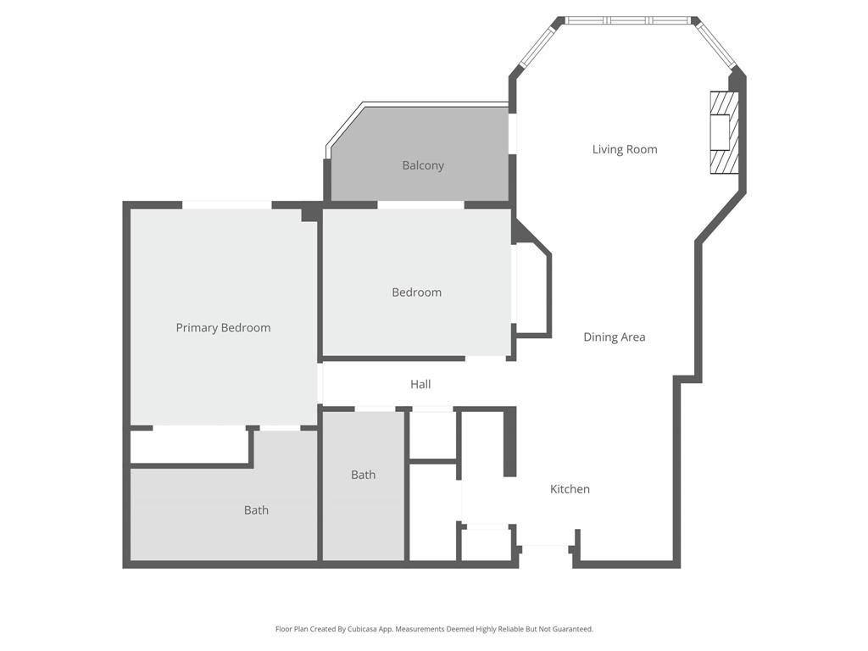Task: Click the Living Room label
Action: [x=625, y=150]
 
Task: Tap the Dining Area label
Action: [x=614, y=337]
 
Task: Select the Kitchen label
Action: [x=570, y=489]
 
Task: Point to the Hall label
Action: [x=420, y=385]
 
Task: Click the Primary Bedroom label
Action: [x=223, y=328]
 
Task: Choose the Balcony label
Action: [x=422, y=166]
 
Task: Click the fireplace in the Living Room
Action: [x=724, y=132]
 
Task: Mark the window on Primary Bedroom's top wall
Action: [x=227, y=204]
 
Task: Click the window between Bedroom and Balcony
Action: [x=420, y=204]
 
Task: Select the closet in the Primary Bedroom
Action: [x=189, y=446]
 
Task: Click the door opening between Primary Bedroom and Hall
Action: [x=320, y=384]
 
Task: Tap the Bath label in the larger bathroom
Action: [x=256, y=510]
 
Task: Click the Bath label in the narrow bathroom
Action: [x=363, y=475]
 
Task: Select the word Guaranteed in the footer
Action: [x=572, y=629]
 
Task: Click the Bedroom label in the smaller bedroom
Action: [x=416, y=292]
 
